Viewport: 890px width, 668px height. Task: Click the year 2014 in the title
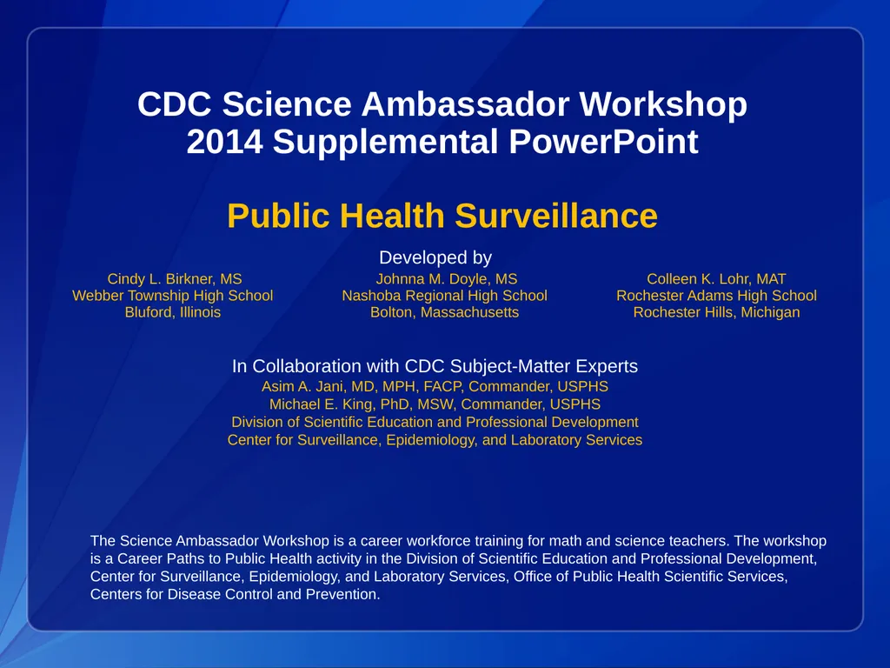point(224,142)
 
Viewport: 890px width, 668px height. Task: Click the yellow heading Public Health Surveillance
point(442,216)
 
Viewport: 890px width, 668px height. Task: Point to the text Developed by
point(435,257)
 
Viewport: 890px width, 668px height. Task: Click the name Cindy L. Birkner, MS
point(174,279)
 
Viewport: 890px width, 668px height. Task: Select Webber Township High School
point(172,296)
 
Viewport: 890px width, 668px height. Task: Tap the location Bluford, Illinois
point(172,312)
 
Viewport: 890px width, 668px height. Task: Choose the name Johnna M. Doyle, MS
point(446,279)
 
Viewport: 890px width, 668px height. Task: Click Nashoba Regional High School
point(444,296)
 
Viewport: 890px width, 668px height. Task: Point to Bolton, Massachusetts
point(444,312)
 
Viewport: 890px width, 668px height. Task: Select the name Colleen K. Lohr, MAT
point(716,279)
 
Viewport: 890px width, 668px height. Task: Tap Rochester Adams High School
point(716,296)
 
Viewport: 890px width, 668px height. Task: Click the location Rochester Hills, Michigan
point(716,312)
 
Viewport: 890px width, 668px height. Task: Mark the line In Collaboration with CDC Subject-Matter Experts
point(435,366)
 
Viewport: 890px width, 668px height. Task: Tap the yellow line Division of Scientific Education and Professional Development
point(435,422)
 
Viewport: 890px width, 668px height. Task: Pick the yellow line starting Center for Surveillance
point(435,440)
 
